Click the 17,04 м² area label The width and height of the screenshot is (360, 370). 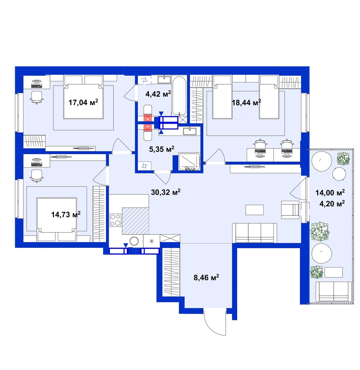(x=83, y=103)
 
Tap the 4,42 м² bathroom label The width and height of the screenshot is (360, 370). (x=158, y=94)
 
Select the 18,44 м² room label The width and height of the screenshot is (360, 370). (x=246, y=103)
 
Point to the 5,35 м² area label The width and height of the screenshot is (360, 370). (x=162, y=149)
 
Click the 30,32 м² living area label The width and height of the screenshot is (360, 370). (x=166, y=192)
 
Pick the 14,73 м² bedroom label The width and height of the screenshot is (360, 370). (x=66, y=214)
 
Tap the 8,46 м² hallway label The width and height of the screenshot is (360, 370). (x=206, y=277)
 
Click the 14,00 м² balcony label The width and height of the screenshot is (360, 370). (x=330, y=193)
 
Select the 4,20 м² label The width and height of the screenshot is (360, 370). (x=332, y=203)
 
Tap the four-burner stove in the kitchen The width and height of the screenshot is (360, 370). (x=116, y=220)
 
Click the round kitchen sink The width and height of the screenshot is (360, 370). (x=135, y=241)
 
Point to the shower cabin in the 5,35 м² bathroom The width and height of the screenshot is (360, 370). (x=189, y=162)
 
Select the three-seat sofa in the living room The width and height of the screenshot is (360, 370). (x=255, y=233)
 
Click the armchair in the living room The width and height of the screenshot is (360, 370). (x=290, y=210)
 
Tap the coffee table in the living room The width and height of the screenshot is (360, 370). (x=255, y=210)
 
